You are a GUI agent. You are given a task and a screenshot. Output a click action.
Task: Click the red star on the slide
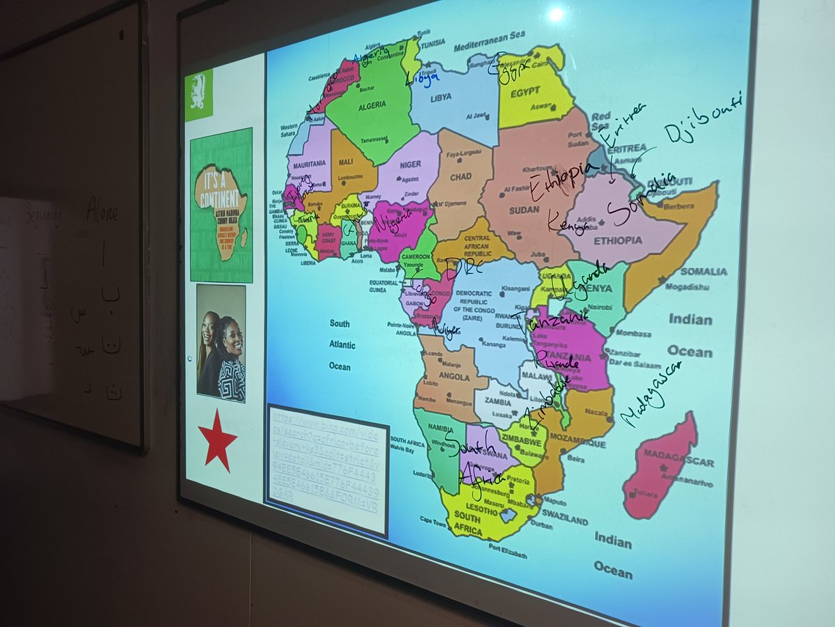(217, 440)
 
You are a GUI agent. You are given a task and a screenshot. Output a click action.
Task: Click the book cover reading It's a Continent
(221, 205)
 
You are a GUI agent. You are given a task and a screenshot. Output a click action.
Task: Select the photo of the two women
(221, 343)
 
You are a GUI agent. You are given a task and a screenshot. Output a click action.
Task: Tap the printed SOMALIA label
(703, 271)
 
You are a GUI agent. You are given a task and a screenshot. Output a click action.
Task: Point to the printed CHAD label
(460, 177)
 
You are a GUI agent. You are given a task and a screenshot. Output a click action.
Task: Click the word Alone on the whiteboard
(102, 208)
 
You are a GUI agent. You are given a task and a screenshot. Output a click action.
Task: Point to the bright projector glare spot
(556, 14)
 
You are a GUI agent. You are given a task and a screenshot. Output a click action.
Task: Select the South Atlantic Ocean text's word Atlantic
(342, 345)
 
